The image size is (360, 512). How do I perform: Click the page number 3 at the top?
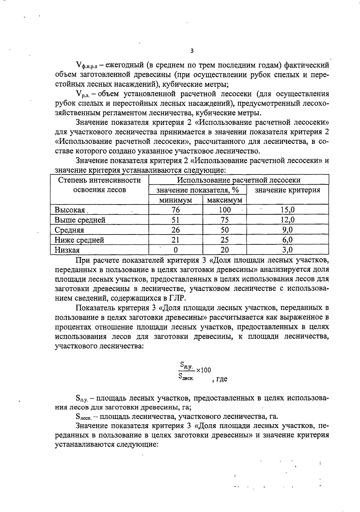pos(192,51)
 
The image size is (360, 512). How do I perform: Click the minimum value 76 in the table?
pos(175,210)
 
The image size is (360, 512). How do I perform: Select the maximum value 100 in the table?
pos(225,210)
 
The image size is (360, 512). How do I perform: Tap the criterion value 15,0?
pos(287,210)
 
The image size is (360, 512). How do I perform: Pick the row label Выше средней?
pos(80,220)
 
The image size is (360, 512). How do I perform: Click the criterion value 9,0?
pos(287,230)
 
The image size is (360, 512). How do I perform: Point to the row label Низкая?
pos(67,250)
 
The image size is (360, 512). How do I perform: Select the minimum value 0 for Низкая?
pos(176,250)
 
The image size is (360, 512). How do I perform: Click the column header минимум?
pos(175,200)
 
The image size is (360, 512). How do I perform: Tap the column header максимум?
pos(225,200)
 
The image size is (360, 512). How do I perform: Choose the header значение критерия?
pos(287,190)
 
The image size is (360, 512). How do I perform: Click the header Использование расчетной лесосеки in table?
pos(238,180)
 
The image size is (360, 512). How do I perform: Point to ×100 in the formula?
pos(204,370)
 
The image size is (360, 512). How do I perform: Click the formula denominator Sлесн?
pos(186,376)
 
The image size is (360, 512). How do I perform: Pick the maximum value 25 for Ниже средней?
pos(225,240)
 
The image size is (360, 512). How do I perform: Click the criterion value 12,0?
pos(287,220)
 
